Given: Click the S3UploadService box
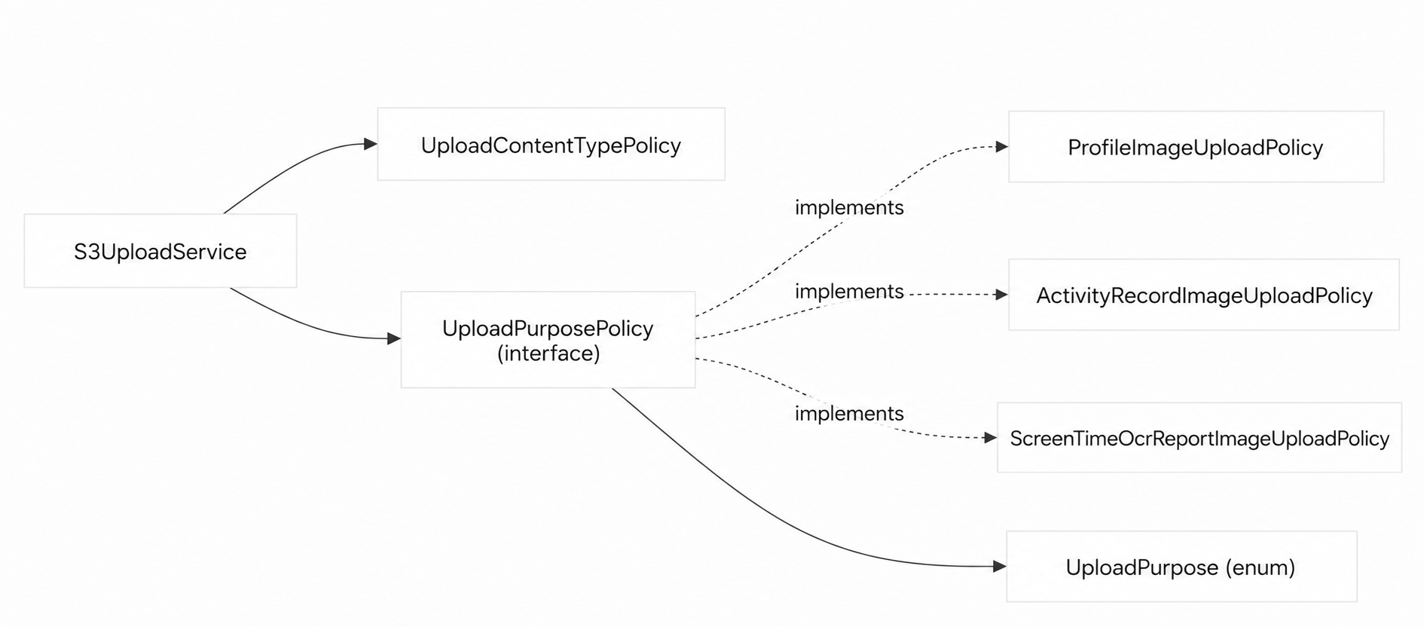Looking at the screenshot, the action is click(x=160, y=251).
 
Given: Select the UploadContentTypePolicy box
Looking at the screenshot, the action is click(x=551, y=144).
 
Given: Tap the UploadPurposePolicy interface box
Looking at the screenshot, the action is click(x=548, y=340).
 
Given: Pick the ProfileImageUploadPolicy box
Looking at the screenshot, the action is click(x=1196, y=147).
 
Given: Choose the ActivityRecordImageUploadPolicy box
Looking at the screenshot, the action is click(x=1204, y=295).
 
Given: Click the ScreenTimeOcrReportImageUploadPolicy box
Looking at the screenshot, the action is click(x=1199, y=438).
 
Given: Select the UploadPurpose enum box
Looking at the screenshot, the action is click(x=1181, y=567).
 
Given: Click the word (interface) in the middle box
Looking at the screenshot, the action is click(x=549, y=353).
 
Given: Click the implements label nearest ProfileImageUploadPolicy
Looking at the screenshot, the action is click(x=849, y=207).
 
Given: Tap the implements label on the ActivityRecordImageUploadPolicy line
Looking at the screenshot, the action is click(x=849, y=291).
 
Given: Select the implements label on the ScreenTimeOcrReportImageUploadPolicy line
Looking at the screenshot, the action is click(x=849, y=413).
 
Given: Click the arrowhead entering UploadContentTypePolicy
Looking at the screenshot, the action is click(x=371, y=144).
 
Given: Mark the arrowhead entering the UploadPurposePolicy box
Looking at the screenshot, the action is click(x=394, y=339).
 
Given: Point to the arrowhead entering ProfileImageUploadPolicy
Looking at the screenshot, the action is click(x=1002, y=147).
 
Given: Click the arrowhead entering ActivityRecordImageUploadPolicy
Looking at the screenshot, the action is click(x=1002, y=295).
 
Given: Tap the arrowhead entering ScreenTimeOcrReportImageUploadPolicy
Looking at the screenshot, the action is click(x=991, y=438).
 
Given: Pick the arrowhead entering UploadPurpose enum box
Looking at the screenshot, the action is click(x=1000, y=567).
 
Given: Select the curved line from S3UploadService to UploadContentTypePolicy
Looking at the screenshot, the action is click(x=294, y=166).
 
